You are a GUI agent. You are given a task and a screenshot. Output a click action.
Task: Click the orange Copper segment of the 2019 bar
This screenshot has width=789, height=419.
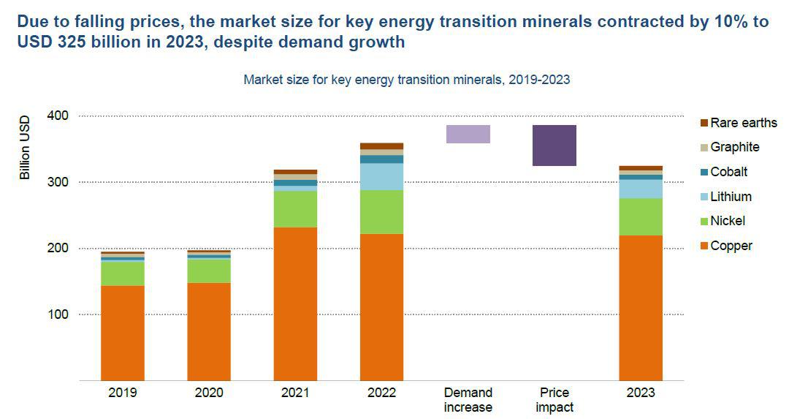122,333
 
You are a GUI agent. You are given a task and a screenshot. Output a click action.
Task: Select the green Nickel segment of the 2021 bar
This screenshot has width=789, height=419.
295,209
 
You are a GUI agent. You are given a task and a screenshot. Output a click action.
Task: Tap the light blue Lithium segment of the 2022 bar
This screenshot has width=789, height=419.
381,176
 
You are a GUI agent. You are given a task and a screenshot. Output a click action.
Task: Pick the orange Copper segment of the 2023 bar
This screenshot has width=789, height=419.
640,307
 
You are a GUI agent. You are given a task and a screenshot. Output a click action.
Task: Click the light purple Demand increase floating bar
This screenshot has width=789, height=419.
468,134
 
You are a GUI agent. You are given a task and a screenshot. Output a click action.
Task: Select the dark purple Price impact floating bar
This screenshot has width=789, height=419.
554,146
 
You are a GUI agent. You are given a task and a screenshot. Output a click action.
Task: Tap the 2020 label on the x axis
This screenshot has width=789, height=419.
209,393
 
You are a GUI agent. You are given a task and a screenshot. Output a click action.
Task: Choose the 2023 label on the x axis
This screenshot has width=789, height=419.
640,393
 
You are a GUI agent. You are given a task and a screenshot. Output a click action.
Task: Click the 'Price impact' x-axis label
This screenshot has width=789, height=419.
554,400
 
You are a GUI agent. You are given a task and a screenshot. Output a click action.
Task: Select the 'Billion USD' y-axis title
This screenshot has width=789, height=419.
25,148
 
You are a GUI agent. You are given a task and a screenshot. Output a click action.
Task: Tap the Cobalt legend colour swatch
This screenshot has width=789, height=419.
704,173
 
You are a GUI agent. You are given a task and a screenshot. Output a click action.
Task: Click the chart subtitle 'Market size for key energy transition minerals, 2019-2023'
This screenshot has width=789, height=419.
406,80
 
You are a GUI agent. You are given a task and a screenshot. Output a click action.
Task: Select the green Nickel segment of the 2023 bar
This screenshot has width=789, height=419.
640,216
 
